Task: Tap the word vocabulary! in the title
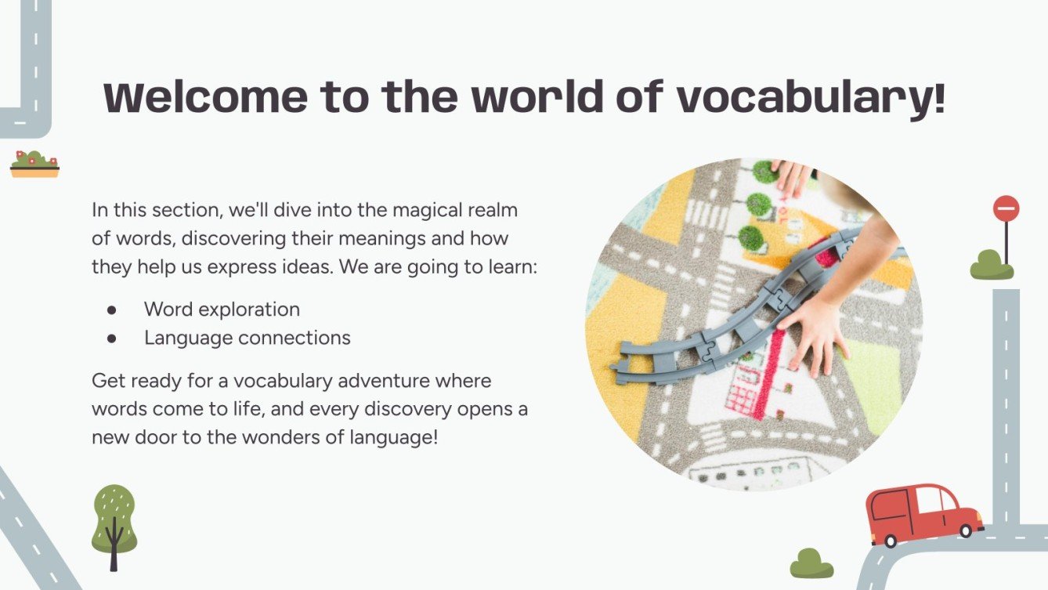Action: (x=810, y=99)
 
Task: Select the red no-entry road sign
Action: (x=1006, y=208)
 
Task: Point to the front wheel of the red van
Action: (x=966, y=531)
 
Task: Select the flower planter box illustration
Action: (x=34, y=165)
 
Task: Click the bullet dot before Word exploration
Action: (x=112, y=309)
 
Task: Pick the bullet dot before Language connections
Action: (x=112, y=338)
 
